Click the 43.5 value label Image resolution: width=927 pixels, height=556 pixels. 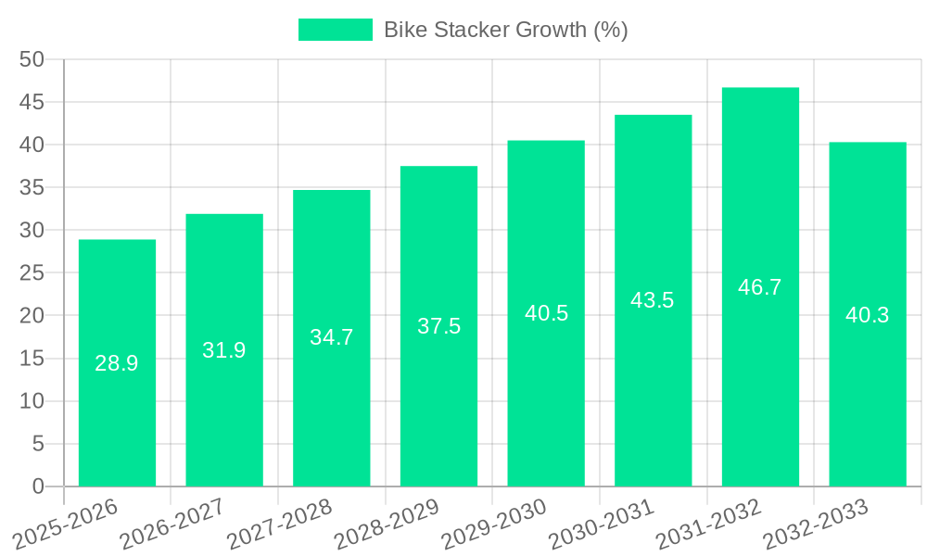(x=653, y=300)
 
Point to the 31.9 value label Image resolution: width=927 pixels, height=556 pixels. (x=224, y=350)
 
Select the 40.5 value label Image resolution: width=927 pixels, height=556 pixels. (x=546, y=313)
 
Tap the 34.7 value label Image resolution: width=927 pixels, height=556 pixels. (x=332, y=337)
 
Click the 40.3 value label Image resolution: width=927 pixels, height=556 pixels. (x=868, y=315)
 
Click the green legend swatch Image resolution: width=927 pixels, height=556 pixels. (x=335, y=30)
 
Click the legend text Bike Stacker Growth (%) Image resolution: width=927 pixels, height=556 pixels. (x=506, y=30)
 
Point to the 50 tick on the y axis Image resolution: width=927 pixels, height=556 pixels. (x=32, y=59)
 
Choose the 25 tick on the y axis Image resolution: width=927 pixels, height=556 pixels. (x=32, y=273)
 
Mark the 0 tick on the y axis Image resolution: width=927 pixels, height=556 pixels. (x=38, y=486)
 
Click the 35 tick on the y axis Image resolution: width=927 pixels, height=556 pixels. (x=32, y=188)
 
